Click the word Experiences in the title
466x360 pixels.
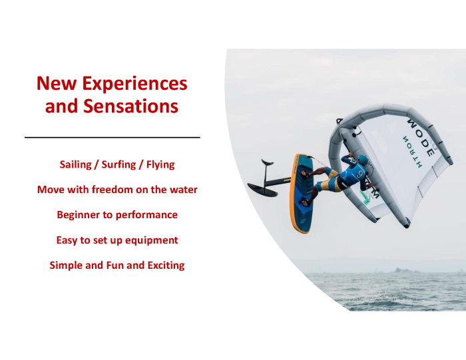[134, 84]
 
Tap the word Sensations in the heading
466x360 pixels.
[130, 106]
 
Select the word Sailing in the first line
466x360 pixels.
[75, 165]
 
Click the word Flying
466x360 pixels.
[160, 165]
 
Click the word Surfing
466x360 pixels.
[118, 165]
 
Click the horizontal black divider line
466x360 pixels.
[113, 138]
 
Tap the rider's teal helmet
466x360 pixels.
[363, 160]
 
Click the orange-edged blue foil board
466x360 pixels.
[302, 193]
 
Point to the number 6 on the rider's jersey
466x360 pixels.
[360, 173]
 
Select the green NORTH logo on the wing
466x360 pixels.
[413, 152]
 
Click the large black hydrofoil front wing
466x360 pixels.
[262, 190]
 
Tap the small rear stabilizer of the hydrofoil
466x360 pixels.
[267, 162]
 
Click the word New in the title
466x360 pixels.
[57, 83]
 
